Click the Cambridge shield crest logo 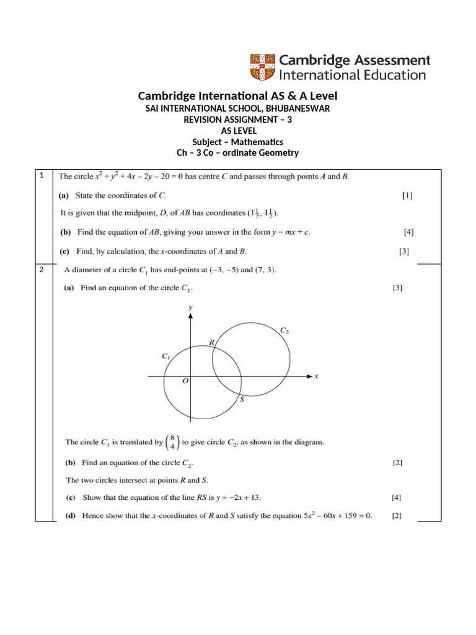pyautogui.click(x=262, y=67)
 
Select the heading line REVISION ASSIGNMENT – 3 pyautogui.click(x=237, y=119)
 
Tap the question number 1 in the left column pyautogui.click(x=41, y=175)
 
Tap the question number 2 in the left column pyautogui.click(x=41, y=270)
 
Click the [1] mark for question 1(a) pyautogui.click(x=407, y=195)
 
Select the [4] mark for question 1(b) pyautogui.click(x=408, y=233)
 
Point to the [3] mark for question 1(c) pyautogui.click(x=403, y=252)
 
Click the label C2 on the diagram pyautogui.click(x=284, y=331)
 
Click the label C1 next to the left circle pyautogui.click(x=165, y=357)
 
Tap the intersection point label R pyautogui.click(x=211, y=342)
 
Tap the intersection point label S pyautogui.click(x=242, y=400)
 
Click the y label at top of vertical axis pyautogui.click(x=190, y=308)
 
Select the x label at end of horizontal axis pyautogui.click(x=316, y=376)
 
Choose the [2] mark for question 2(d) pyautogui.click(x=397, y=516)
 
